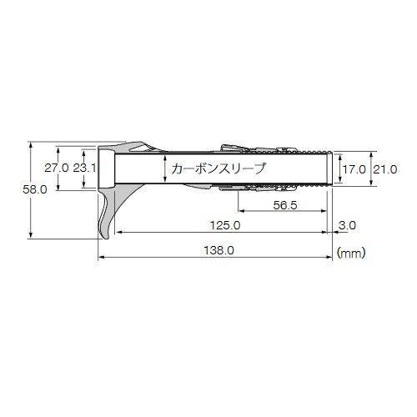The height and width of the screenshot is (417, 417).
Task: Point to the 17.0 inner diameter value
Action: (354, 168)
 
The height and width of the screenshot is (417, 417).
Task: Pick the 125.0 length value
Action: (225, 225)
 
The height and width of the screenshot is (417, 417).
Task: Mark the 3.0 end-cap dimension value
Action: (348, 225)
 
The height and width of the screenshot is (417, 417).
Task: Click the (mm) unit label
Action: (350, 249)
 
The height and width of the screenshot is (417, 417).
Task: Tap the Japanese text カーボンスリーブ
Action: (217, 168)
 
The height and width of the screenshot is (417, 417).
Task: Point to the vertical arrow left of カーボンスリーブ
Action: (165, 168)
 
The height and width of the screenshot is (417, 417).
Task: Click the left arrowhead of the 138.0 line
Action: (103, 256)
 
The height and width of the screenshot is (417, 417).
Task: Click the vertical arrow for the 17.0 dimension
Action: (342, 168)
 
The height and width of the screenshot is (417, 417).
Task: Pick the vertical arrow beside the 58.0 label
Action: (31, 190)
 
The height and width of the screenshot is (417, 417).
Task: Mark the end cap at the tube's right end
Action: (334, 168)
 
